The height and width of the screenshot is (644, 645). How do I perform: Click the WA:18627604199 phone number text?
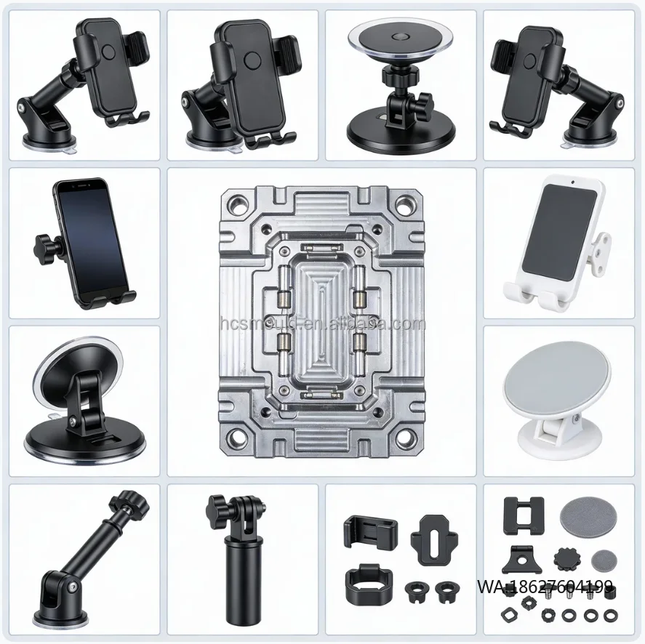[x=545, y=586]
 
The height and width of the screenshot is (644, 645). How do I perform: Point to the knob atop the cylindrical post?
[x=218, y=503]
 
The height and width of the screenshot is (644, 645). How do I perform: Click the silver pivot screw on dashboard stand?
[x=73, y=419]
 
